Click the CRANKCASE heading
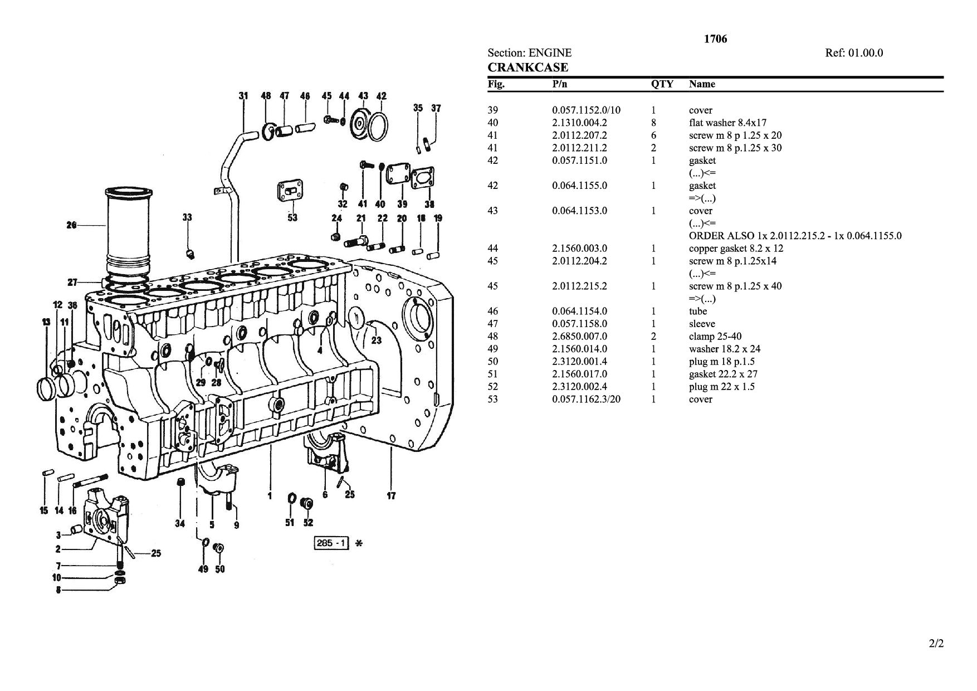528,67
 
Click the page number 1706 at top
715,39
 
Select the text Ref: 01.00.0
854,53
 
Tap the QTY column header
662,84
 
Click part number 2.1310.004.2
579,123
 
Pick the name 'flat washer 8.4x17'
727,123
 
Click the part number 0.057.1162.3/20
586,399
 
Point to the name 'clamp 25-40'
715,336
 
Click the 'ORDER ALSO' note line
795,236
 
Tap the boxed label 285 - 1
331,543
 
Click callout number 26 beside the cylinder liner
71,225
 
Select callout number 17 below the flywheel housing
391,495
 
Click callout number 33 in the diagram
187,217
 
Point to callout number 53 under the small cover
292,217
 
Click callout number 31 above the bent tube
243,96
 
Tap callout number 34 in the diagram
179,523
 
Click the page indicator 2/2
936,644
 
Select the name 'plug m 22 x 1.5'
722,387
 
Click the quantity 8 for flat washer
653,123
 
